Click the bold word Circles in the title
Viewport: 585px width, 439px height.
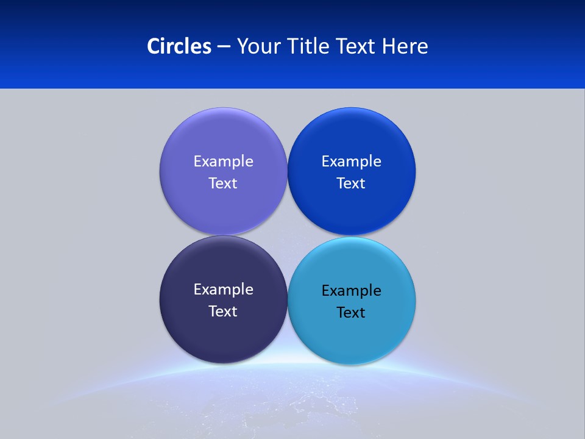(179, 46)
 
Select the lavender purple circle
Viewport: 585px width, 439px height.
(223, 134)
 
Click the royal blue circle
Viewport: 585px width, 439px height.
(352, 134)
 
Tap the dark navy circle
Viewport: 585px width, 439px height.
(223, 335)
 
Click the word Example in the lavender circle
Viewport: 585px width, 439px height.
(223, 162)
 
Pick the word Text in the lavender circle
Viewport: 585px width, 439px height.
(223, 183)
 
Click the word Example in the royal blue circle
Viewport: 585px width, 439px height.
(352, 162)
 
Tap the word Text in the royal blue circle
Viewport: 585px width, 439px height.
(352, 183)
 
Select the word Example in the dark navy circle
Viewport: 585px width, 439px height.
(223, 290)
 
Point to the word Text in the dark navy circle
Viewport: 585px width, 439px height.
(223, 311)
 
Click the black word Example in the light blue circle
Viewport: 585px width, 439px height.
(352, 291)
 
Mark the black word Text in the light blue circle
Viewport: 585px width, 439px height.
(352, 312)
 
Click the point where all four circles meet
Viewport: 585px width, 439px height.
(287, 235)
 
